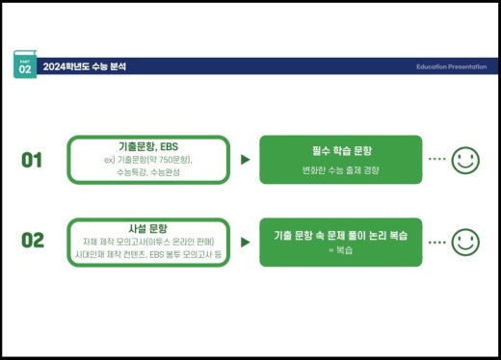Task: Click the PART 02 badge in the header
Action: [x=25, y=66]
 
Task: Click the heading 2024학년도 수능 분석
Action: [x=85, y=66]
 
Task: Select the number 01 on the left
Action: [x=33, y=160]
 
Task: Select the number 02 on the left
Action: [x=33, y=240]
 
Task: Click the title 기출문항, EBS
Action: [x=148, y=146]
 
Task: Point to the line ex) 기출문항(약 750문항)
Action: [x=148, y=160]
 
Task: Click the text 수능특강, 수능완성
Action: [x=148, y=172]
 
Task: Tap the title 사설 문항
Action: [x=148, y=227]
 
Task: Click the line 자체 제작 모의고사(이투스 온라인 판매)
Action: [x=148, y=240]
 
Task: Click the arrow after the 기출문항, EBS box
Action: [x=245, y=160]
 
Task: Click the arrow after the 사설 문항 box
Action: [x=245, y=240]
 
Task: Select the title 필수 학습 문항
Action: [x=341, y=151]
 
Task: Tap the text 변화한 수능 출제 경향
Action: [x=341, y=169]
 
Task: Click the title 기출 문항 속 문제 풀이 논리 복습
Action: [x=341, y=234]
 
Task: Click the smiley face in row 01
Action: [x=465, y=159]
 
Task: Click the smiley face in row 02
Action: [x=465, y=240]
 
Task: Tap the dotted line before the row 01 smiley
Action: [x=436, y=159]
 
